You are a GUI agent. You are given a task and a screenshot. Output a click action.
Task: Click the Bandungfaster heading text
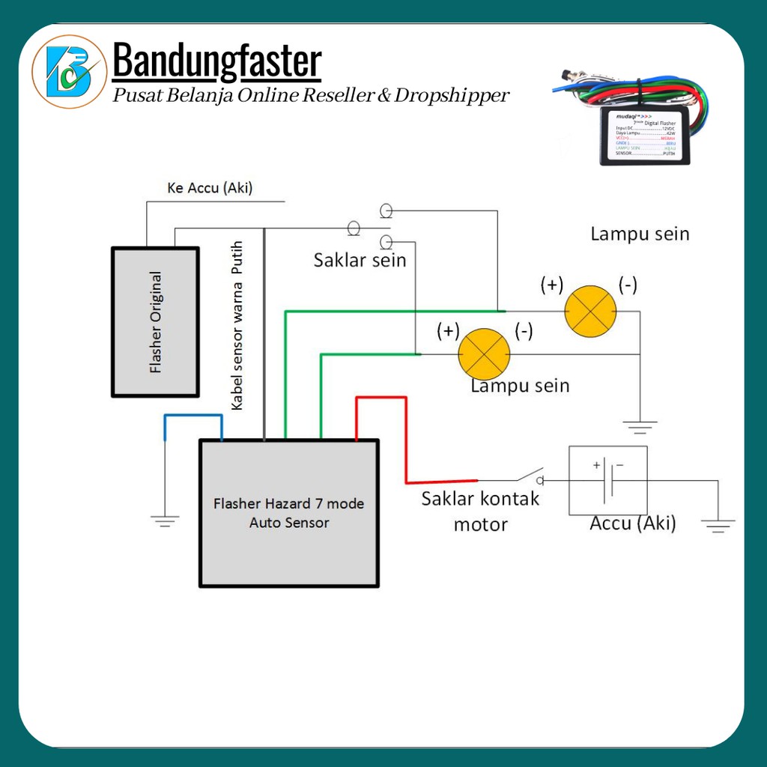point(217,62)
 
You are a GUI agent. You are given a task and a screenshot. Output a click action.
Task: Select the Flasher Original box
point(155,321)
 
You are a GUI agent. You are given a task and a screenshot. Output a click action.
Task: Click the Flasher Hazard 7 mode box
point(289,513)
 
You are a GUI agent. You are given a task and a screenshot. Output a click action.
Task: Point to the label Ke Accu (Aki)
point(210,188)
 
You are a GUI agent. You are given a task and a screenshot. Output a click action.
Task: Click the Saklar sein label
point(360,260)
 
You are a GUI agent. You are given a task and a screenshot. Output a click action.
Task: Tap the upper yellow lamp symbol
point(590,311)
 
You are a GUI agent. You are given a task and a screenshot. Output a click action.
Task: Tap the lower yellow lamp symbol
point(484,353)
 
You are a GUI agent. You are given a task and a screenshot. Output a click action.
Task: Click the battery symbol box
point(608,480)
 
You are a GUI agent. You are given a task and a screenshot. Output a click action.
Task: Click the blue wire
point(193,416)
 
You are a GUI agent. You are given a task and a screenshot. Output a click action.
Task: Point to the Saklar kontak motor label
point(480,511)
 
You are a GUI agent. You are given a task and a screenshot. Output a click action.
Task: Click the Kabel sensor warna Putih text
point(237,325)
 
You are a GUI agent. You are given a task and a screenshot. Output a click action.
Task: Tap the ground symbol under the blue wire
point(165,520)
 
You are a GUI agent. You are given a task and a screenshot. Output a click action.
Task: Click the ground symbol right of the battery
point(718,526)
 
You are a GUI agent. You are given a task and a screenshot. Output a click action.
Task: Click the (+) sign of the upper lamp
point(552,285)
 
